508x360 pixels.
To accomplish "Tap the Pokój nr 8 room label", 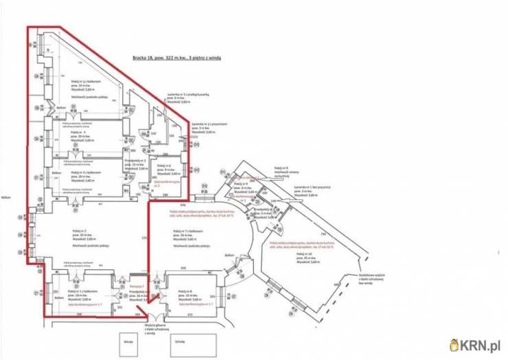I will click(187, 294).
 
